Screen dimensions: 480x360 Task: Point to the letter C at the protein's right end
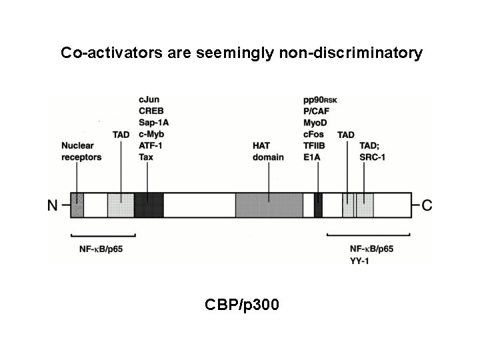[427, 205]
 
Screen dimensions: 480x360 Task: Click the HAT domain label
[268, 151]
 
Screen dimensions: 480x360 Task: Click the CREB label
[151, 111]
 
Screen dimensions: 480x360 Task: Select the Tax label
[146, 157]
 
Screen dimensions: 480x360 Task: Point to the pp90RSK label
[320, 99]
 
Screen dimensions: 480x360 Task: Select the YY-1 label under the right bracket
[360, 259]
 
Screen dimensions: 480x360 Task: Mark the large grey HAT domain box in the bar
[269, 205]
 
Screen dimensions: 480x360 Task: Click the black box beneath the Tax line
[148, 205]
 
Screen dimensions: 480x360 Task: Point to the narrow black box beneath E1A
[319, 205]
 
